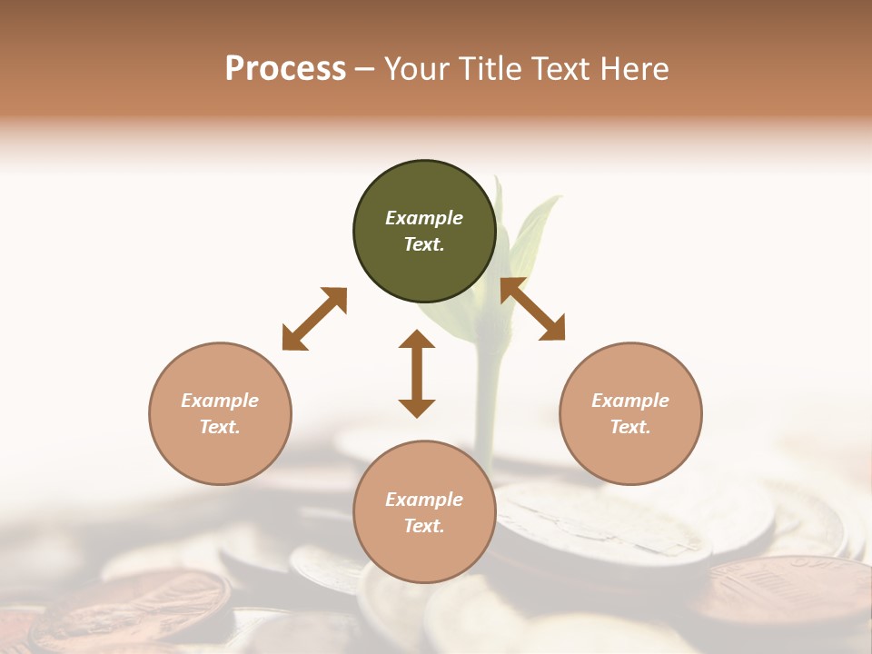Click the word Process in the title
pos(285,68)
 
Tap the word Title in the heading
pos(492,68)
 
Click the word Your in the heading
pos(420,68)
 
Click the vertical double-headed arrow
pos(417,374)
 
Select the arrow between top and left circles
pos(314,319)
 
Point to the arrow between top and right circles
pos(532,310)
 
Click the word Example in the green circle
pos(424,218)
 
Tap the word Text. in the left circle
pos(220,427)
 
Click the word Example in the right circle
pos(630,401)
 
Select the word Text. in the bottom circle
pos(424,526)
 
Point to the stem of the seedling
pos(489,400)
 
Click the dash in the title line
pos(365,69)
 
